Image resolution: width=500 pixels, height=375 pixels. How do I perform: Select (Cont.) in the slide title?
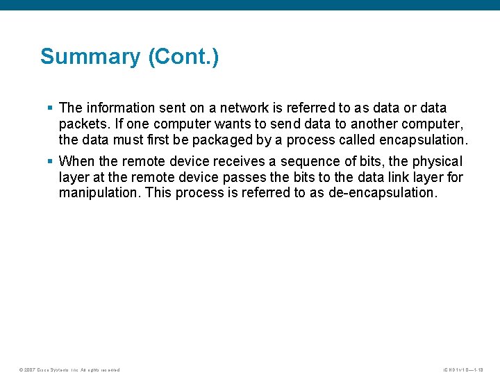pos(183,56)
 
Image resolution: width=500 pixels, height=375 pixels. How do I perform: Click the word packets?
pos(82,124)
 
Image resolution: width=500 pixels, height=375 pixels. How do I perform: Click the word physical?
pos(437,161)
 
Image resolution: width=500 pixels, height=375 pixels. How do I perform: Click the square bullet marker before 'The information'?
pos(50,108)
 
